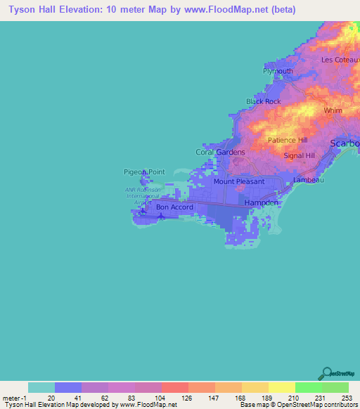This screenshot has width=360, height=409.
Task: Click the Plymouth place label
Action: (278, 72)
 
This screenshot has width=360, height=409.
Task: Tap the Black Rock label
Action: (264, 102)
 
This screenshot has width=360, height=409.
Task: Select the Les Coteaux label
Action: (340, 60)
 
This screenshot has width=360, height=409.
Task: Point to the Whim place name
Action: (333, 111)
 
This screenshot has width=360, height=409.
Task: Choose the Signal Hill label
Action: (299, 155)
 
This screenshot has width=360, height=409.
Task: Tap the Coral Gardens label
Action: (220, 152)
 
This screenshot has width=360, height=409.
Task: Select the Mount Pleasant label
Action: (239, 181)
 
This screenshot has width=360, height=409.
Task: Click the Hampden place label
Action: (262, 202)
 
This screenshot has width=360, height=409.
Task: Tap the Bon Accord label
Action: (174, 207)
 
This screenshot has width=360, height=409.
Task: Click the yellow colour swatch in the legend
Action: (281, 387)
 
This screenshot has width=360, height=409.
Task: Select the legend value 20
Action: (51, 398)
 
